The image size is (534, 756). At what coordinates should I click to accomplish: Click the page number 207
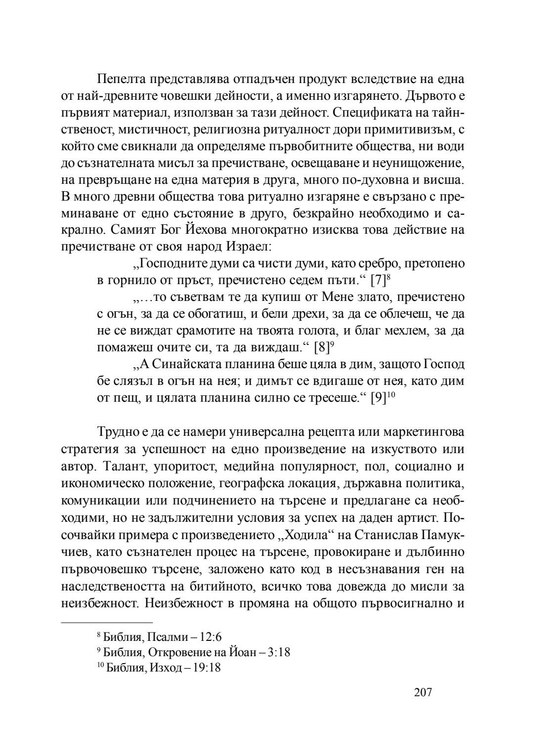coord(423,692)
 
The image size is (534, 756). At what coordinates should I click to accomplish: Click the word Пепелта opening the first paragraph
coord(121,79)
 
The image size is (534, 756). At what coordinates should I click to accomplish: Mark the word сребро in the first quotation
coord(384,264)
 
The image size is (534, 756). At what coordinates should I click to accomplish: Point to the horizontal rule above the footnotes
coord(107,623)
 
